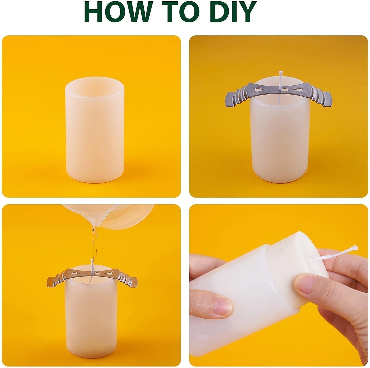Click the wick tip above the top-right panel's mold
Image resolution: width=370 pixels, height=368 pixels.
[280, 73]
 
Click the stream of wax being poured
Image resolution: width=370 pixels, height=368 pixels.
[95, 244]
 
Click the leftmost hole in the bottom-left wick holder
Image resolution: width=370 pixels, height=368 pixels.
[76, 273]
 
